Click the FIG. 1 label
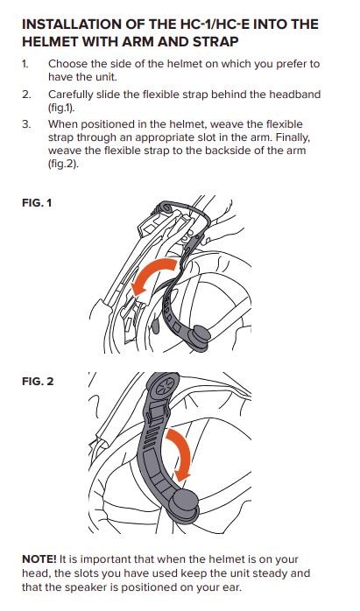(x=37, y=203)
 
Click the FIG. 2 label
(x=38, y=381)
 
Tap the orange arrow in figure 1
(x=152, y=273)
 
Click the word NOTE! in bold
(x=39, y=559)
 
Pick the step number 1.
(x=25, y=64)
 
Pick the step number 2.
(x=25, y=95)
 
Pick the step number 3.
(x=25, y=124)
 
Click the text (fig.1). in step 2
(x=61, y=108)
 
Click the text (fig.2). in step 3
(x=63, y=164)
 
